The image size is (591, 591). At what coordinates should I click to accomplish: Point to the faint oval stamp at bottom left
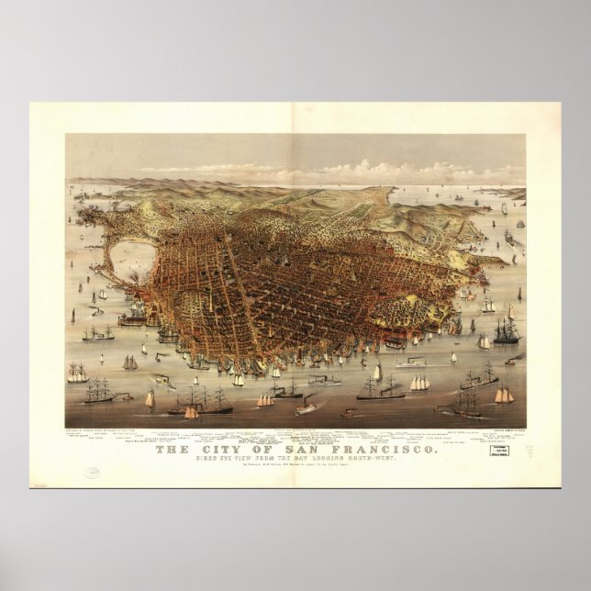(94, 473)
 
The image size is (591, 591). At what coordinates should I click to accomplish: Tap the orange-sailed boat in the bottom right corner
(503, 396)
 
